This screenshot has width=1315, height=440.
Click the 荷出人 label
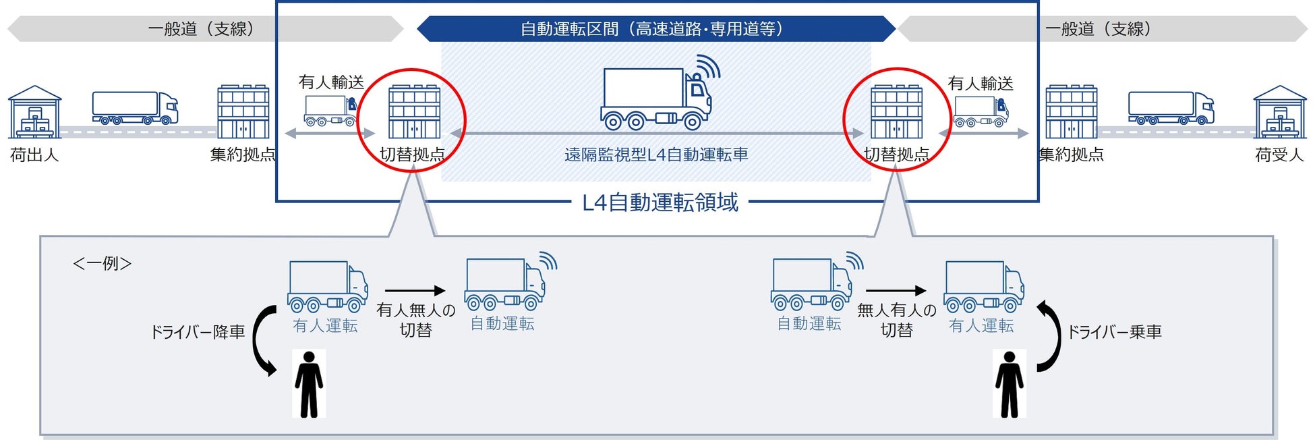[x=34, y=155]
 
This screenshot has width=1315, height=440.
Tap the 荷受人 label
[x=1279, y=155]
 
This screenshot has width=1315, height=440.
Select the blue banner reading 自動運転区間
[x=652, y=29]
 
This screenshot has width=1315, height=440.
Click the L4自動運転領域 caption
[x=660, y=202]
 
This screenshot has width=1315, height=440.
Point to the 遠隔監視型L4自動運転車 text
[x=656, y=155]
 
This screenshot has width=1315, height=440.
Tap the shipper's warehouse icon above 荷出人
[x=34, y=112]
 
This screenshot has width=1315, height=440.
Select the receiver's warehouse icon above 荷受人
[x=1279, y=112]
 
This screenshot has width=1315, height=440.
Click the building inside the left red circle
[x=414, y=112]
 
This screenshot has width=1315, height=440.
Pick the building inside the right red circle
[x=896, y=112]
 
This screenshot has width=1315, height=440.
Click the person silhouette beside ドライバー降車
[x=309, y=384]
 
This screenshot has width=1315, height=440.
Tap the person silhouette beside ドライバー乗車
[x=1009, y=384]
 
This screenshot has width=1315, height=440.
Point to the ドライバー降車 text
[x=197, y=332]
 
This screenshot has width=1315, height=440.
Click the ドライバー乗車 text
[x=1114, y=332]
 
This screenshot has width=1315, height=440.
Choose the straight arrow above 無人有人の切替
[x=896, y=291]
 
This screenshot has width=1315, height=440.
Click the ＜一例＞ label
[x=102, y=263]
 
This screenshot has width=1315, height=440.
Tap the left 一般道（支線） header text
[x=201, y=29]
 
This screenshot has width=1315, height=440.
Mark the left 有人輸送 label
[x=331, y=82]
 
